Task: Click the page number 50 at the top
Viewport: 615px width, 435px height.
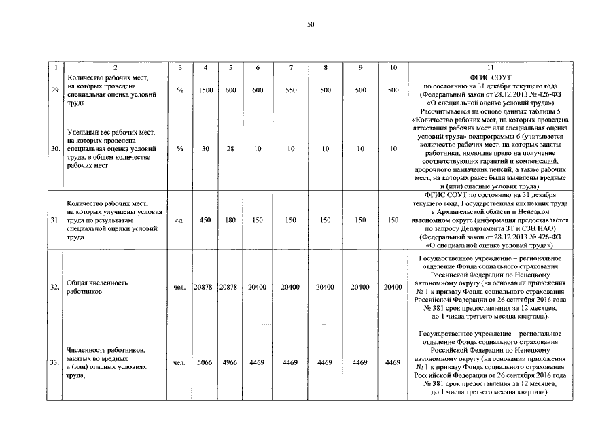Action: [311, 25]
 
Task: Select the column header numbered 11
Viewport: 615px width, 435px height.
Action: [489, 67]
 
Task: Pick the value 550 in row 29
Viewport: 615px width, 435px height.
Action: [290, 90]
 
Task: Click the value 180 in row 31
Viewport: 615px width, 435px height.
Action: [231, 220]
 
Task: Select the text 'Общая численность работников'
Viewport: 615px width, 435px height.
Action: [96, 288]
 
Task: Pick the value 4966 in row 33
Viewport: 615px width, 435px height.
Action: [231, 363]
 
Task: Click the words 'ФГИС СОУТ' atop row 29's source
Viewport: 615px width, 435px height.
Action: [489, 77]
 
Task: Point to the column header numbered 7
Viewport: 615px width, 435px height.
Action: [290, 67]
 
